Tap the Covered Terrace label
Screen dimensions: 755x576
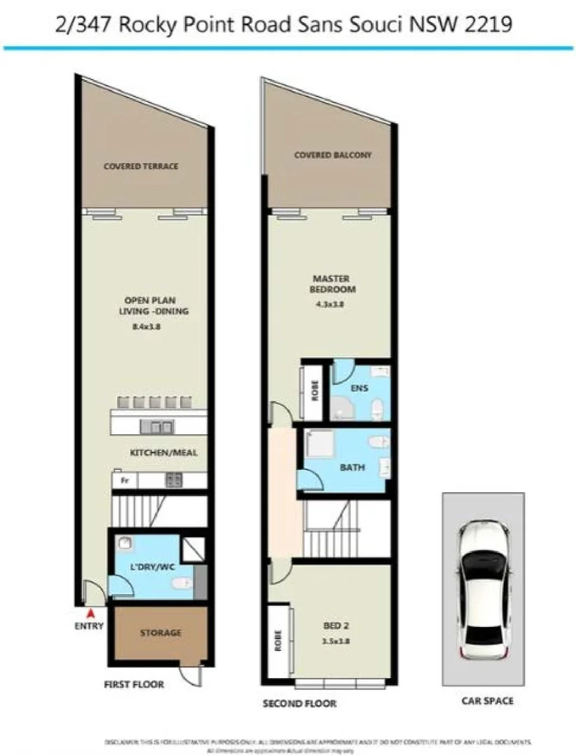point(141,166)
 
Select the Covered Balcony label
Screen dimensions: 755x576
point(332,154)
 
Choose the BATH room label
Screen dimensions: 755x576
point(352,467)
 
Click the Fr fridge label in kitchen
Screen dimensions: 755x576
point(125,480)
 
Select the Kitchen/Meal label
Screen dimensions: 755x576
point(164,453)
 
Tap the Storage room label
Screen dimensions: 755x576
point(160,633)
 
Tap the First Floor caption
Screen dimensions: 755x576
point(134,684)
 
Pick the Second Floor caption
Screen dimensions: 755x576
point(300,703)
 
